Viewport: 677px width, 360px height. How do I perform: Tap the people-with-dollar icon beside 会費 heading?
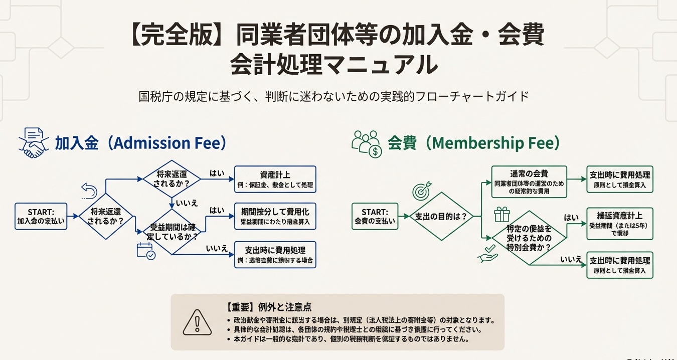[367, 143]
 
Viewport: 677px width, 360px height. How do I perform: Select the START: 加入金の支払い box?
[41, 216]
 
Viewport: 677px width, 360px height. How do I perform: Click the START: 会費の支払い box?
[375, 216]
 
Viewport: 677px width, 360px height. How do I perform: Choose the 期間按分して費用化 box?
[275, 216]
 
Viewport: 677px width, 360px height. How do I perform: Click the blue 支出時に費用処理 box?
[275, 255]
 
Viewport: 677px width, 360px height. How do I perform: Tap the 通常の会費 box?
[529, 182]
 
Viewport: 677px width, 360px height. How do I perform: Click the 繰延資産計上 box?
[620, 224]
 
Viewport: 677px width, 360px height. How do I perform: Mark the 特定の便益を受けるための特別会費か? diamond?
[530, 238]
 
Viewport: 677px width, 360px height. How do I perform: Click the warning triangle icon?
[197, 322]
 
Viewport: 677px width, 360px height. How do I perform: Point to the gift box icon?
[501, 215]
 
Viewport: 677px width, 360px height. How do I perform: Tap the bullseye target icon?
[421, 191]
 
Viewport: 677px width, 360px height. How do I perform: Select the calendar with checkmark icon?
[146, 251]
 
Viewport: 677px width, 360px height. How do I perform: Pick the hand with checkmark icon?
[488, 254]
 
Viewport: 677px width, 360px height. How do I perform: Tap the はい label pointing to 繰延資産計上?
[571, 218]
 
